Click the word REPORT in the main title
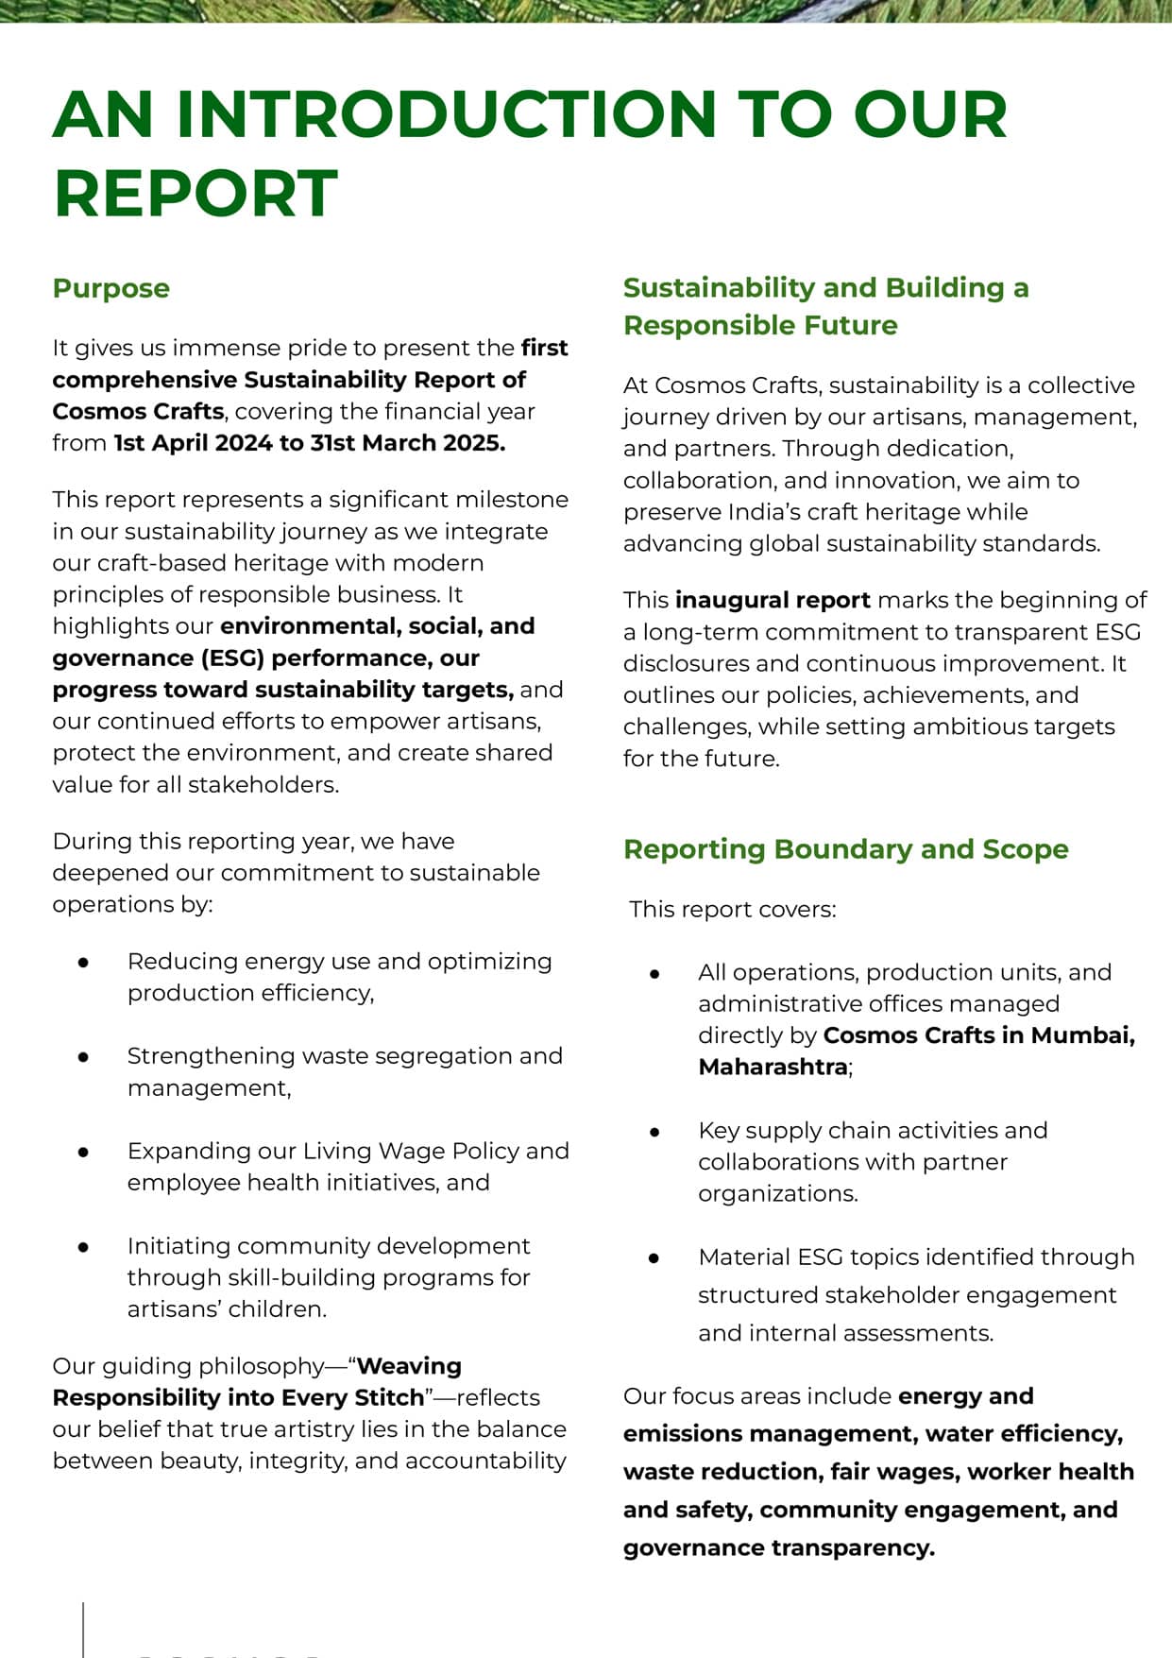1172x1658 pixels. [x=195, y=194]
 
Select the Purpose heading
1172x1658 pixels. [x=111, y=288]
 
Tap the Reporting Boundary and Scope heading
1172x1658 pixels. [x=845, y=848]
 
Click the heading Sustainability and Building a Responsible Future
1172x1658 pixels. [x=825, y=305]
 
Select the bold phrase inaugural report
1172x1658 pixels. [x=773, y=600]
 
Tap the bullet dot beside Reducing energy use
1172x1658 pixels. [x=84, y=962]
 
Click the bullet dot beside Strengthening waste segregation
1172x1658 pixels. [x=84, y=1057]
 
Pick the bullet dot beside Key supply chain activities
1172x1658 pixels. [x=654, y=1131]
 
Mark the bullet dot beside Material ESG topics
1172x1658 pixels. [x=654, y=1258]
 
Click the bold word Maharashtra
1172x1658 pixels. [x=773, y=1067]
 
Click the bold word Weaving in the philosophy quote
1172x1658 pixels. [x=409, y=1366]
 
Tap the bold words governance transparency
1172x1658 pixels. [x=778, y=1547]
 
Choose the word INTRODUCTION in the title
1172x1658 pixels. [x=446, y=114]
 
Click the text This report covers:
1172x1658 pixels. [x=733, y=910]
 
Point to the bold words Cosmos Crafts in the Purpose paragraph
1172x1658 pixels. [x=138, y=412]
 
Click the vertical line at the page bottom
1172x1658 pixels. [x=83, y=1630]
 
